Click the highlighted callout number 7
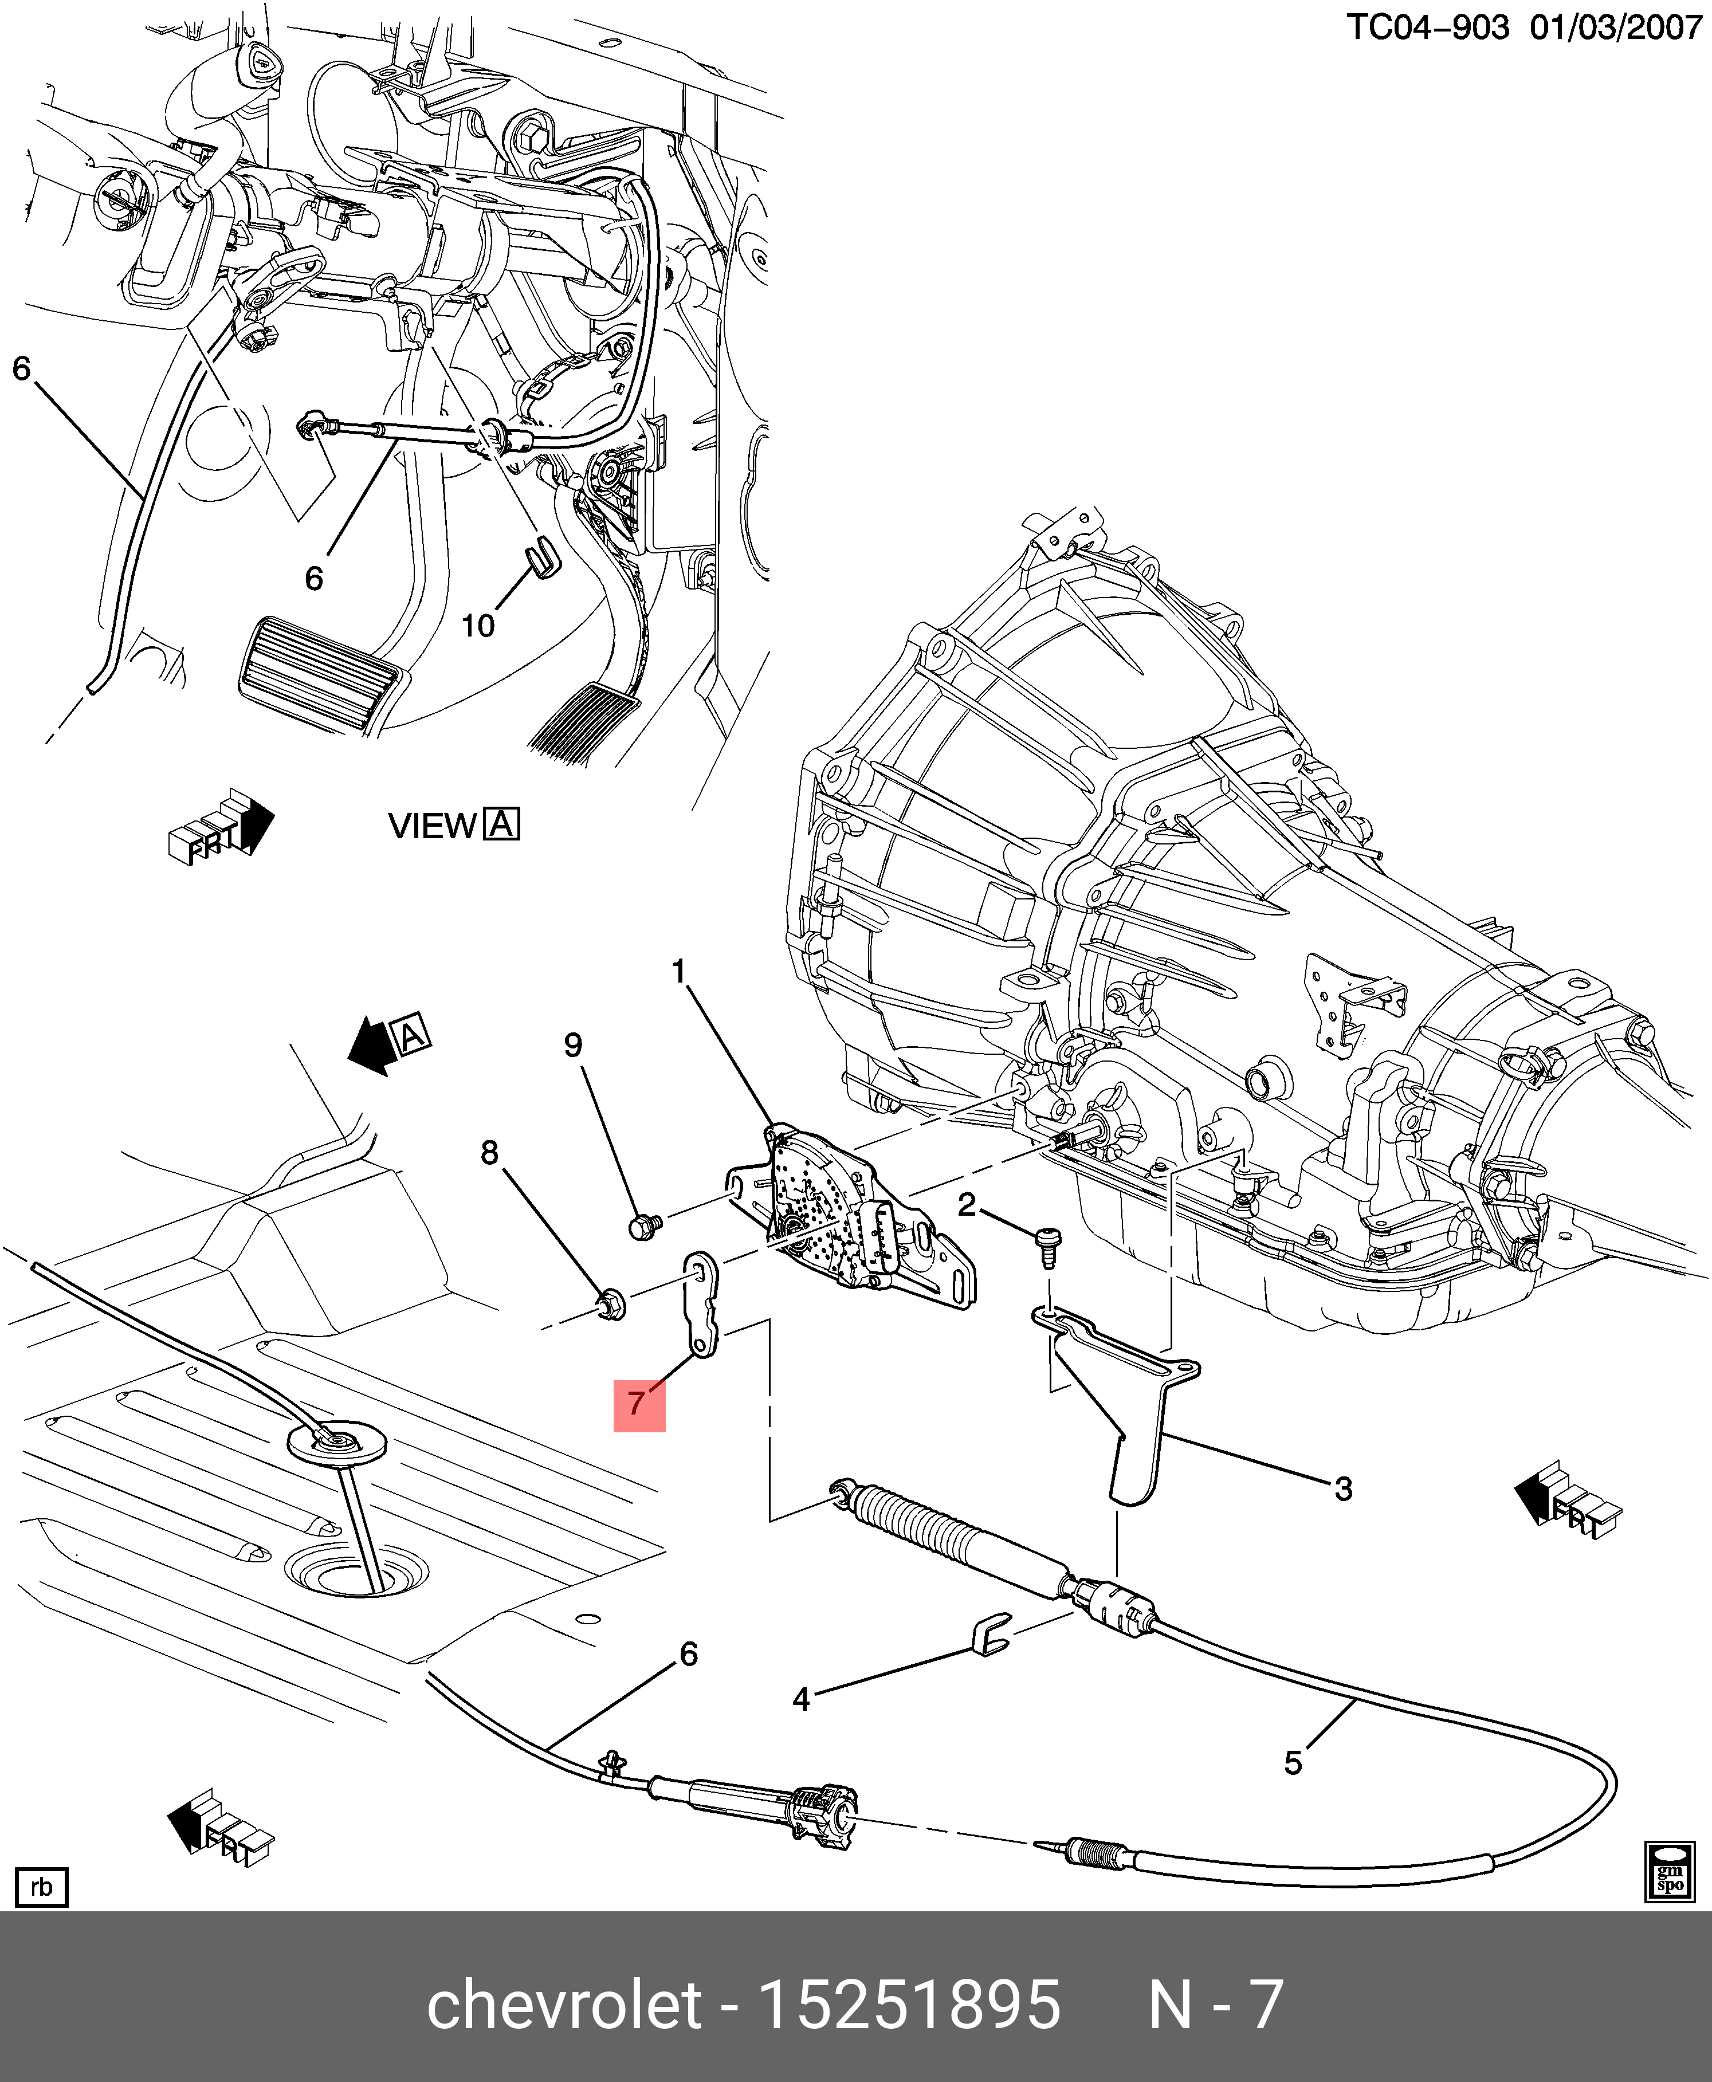coord(638,1404)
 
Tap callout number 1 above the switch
coord(678,972)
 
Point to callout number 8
coord(489,1152)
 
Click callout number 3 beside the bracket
coord(1342,1488)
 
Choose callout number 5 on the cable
coord(1293,1762)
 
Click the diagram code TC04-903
coord(1427,28)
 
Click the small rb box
coord(41,1887)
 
